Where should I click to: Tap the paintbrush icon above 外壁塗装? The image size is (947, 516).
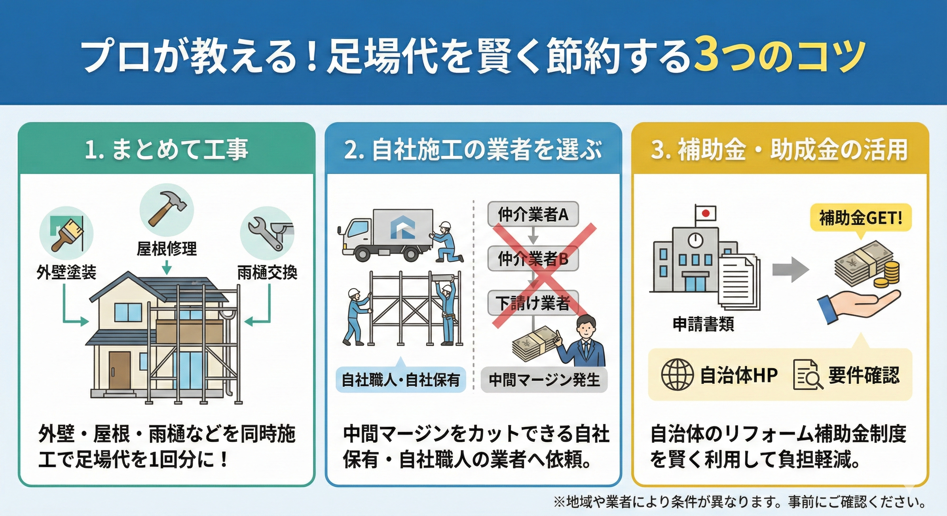point(66,233)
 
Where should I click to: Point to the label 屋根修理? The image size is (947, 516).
point(166,249)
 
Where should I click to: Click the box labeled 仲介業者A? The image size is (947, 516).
point(533,214)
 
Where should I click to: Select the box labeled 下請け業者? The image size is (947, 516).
point(533,303)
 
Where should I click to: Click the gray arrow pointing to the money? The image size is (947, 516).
point(790,269)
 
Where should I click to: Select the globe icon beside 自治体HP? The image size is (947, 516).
point(677,375)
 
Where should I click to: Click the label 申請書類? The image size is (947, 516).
point(703,324)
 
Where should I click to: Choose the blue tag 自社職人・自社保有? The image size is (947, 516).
point(401,380)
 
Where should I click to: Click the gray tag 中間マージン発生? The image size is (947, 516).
point(544,380)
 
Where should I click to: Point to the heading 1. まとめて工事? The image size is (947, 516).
point(166,150)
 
